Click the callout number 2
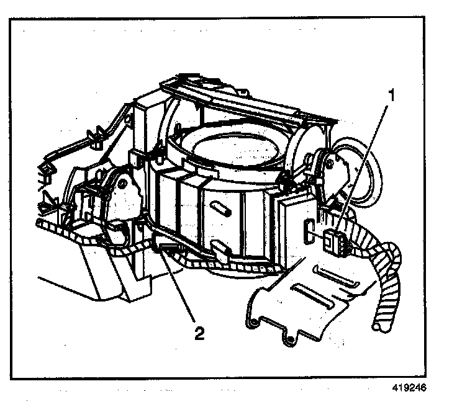tap(199, 333)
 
